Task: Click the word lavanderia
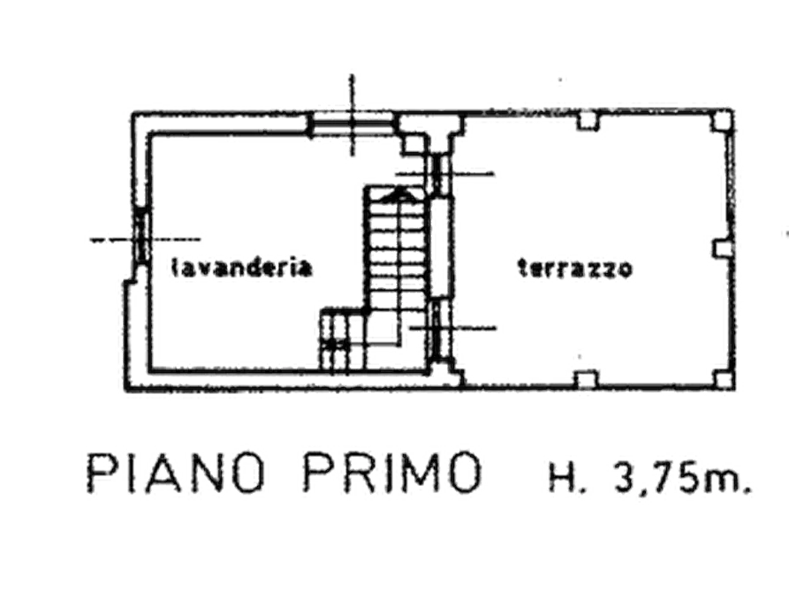[241, 268]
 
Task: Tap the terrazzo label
[574, 269]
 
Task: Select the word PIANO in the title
[176, 473]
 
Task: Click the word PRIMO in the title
[393, 473]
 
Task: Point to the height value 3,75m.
[682, 475]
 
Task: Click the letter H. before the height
[567, 475]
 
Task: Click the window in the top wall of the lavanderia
[351, 124]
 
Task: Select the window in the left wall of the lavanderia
[140, 236]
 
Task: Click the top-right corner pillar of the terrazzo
[723, 121]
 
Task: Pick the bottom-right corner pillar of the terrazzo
[723, 379]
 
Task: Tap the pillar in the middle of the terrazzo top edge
[588, 120]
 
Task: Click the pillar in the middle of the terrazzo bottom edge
[587, 380]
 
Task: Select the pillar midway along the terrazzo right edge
[723, 248]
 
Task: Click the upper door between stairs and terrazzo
[439, 174]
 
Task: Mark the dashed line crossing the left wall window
[145, 239]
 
